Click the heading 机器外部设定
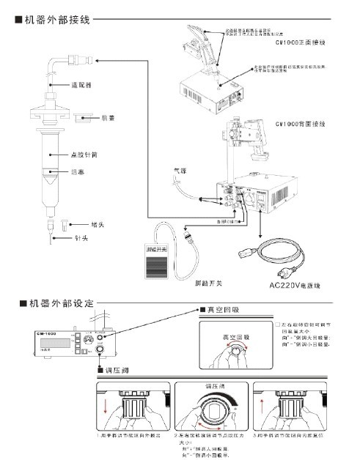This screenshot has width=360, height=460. point(59,303)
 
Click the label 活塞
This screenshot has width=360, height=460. point(79,172)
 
